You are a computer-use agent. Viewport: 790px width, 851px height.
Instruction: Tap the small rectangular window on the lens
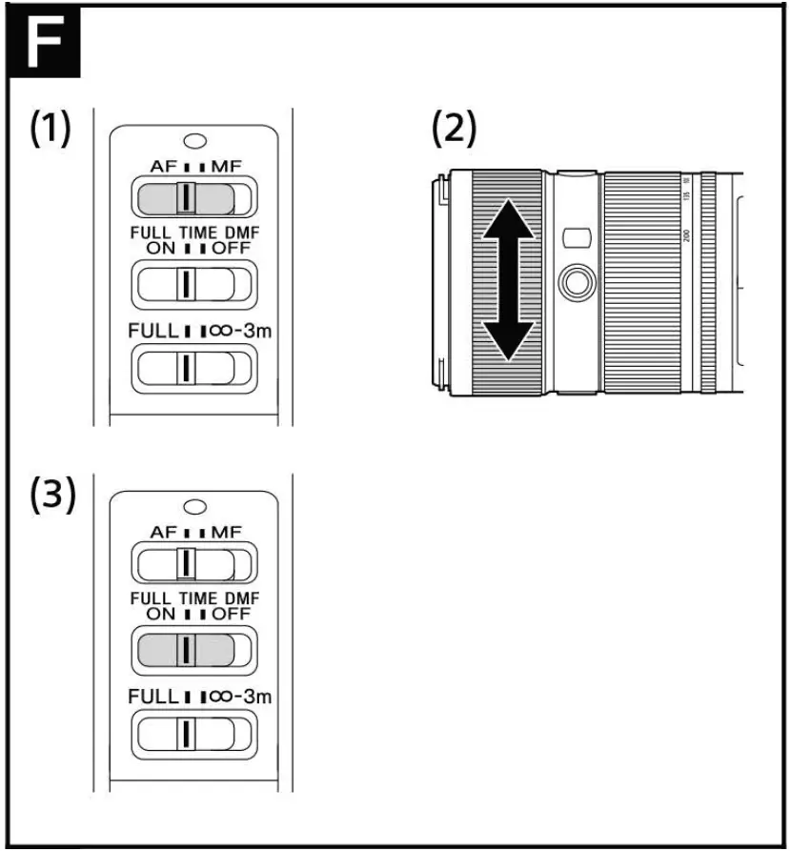[574, 235]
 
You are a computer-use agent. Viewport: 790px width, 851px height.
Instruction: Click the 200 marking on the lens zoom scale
[686, 234]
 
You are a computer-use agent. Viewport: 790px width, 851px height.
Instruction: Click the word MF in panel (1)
[225, 166]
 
